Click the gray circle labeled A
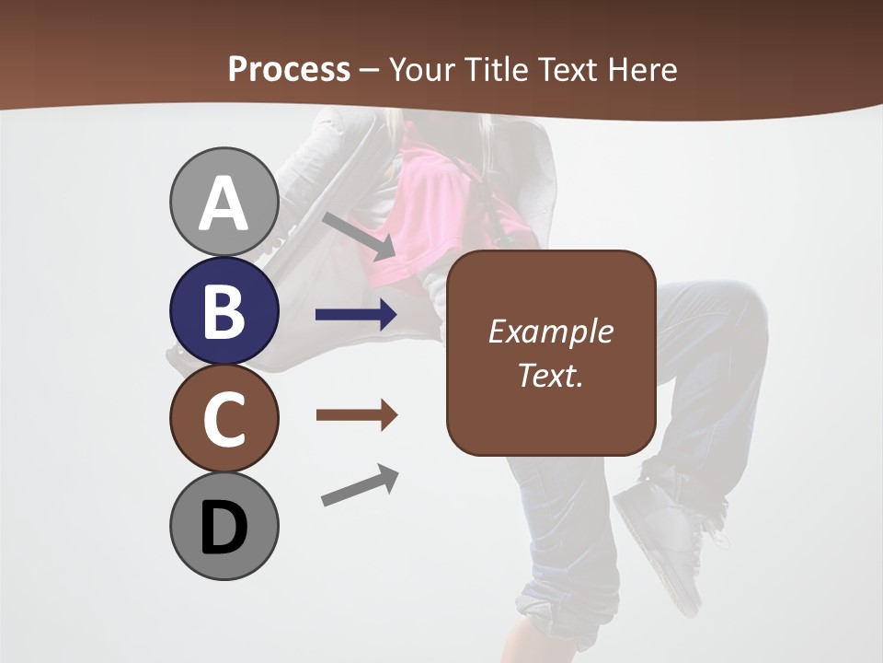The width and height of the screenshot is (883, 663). click(x=224, y=202)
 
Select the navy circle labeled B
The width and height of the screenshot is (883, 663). click(x=224, y=310)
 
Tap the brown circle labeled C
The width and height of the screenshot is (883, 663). click(x=224, y=419)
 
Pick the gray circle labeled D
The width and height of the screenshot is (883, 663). click(x=224, y=527)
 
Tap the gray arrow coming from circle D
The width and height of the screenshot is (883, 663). click(x=360, y=485)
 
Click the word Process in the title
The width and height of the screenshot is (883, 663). click(x=289, y=70)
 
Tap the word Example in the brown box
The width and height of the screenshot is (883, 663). click(x=550, y=331)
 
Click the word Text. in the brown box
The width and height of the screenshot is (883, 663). click(x=550, y=375)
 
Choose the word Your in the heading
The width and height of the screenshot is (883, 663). click(x=421, y=70)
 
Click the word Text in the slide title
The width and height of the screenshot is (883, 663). click(x=565, y=70)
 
